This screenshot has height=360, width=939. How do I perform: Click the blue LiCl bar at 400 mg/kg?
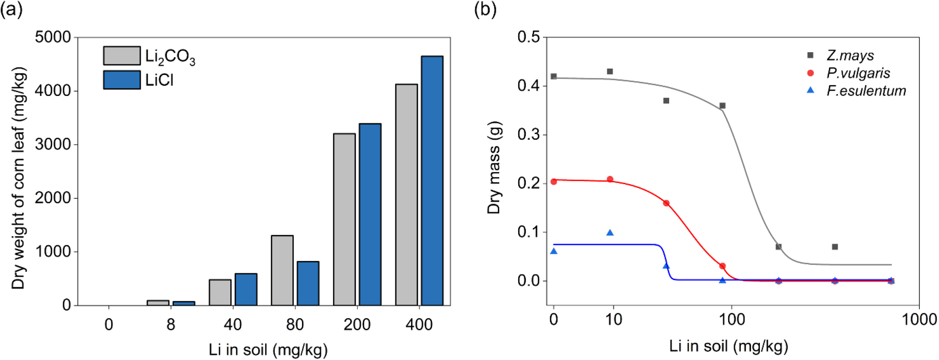(432, 180)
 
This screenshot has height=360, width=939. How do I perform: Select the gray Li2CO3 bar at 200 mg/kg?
(344, 219)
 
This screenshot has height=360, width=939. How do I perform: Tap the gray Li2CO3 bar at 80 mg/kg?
(282, 270)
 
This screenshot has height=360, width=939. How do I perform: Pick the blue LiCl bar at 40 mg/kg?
(246, 289)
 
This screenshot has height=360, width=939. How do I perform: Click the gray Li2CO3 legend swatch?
(122, 56)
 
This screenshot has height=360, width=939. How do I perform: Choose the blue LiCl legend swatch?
(122, 80)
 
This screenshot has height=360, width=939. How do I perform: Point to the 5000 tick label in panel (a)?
(53, 37)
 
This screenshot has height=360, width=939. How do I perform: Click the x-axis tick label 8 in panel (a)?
(170, 324)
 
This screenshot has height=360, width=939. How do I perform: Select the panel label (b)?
(485, 10)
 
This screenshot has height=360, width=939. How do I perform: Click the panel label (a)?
(11, 10)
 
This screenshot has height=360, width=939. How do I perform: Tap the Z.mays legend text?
(850, 56)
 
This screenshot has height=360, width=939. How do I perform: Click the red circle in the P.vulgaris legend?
(810, 73)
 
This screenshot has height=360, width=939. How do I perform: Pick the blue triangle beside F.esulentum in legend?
(810, 90)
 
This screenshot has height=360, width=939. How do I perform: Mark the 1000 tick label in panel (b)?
(919, 320)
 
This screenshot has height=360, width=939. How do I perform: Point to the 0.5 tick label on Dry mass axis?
(528, 37)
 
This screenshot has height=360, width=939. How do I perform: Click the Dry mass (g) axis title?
(494, 168)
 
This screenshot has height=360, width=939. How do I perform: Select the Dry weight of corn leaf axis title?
(19, 178)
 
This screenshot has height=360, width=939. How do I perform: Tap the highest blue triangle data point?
(610, 233)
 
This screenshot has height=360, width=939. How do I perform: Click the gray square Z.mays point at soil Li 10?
(610, 72)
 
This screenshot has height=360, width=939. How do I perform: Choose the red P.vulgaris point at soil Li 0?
(554, 182)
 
